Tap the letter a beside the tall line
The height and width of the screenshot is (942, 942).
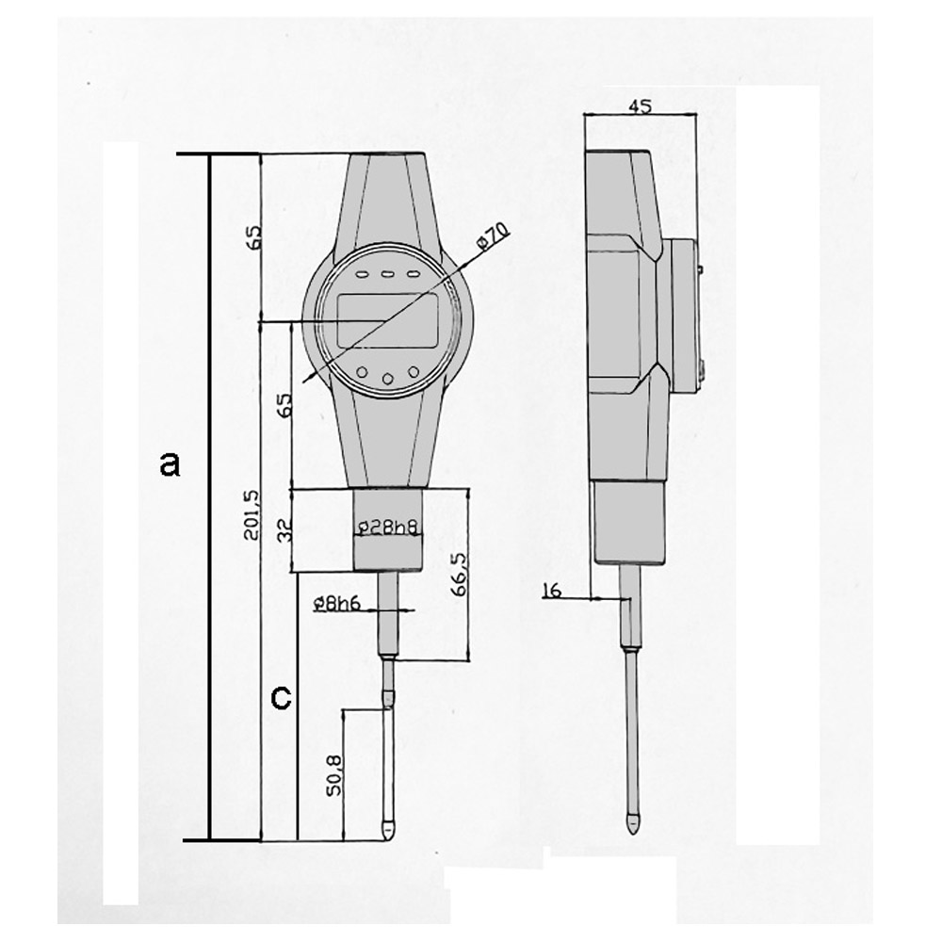[x=170, y=464]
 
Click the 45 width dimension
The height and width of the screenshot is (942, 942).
[x=640, y=106]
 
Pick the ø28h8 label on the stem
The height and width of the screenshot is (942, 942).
[x=387, y=527]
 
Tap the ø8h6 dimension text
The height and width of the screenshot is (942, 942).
[x=337, y=603]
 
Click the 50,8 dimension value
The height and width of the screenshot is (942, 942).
[x=333, y=775]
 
